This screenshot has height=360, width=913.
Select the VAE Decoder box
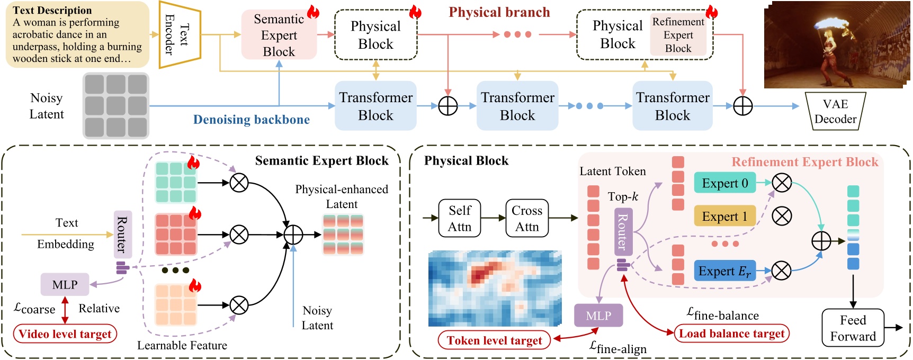(x=835, y=111)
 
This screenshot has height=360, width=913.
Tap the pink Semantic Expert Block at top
(x=279, y=35)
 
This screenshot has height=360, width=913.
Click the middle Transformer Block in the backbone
(x=517, y=106)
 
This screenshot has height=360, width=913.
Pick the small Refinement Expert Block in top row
(x=678, y=35)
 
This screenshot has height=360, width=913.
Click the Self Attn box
(x=460, y=218)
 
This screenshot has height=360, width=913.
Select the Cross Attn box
(x=527, y=218)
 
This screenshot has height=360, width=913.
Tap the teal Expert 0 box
(x=724, y=183)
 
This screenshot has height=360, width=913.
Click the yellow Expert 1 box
(x=724, y=216)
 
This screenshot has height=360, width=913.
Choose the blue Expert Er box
(x=724, y=271)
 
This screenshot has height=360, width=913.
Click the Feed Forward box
(x=853, y=328)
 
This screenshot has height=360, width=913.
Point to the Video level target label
(x=65, y=334)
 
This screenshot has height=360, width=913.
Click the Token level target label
(x=494, y=340)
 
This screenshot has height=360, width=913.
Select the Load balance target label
(x=731, y=334)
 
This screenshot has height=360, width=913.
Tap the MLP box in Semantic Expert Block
(x=65, y=285)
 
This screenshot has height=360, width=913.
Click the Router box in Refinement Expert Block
(x=623, y=232)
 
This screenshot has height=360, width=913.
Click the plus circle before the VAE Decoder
(x=742, y=106)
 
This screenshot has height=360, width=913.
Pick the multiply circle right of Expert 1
(x=782, y=216)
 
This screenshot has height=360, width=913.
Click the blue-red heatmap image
(x=495, y=288)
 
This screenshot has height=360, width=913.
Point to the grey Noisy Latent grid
(x=116, y=106)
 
